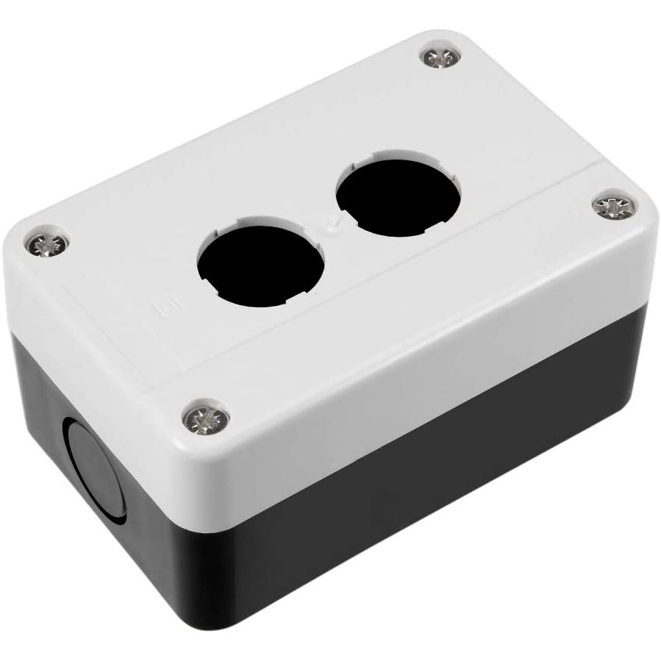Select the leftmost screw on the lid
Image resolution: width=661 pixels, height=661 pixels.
[46, 243]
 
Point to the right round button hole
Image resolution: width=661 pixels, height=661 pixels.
[399, 197]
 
